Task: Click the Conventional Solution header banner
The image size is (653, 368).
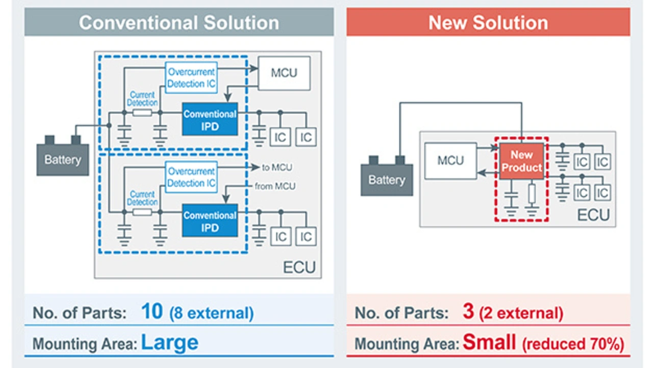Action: coord(179,22)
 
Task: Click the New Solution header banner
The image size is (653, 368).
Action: coord(488,22)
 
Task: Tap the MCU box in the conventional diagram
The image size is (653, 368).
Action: coord(284,72)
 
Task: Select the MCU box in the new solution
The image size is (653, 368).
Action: coord(450,161)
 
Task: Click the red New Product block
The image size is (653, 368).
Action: coord(521,161)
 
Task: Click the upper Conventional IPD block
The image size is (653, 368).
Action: coord(210,119)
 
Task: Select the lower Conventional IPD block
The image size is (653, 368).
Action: coord(210,220)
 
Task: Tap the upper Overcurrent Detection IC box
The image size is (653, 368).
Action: coord(191,78)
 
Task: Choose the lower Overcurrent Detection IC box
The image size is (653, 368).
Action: coord(191,177)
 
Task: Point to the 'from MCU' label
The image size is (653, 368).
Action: coord(275,187)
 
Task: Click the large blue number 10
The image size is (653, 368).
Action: coord(153,312)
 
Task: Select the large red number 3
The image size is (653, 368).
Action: coord(468,312)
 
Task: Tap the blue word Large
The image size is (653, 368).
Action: coord(169,342)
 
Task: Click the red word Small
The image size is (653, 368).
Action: coord(489,342)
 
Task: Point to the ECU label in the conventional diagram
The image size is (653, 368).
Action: coord(299,266)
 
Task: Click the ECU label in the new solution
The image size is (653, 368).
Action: coord(593,215)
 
